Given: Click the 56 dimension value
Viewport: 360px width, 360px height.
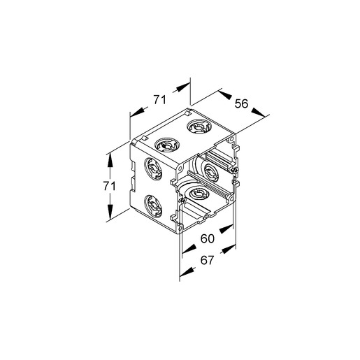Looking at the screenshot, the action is tap(241, 103).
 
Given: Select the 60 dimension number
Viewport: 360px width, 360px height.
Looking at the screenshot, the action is tap(207, 238).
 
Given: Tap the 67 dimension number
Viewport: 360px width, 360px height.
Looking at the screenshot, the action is tap(207, 260).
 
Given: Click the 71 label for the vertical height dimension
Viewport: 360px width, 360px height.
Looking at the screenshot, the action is tap(110, 186).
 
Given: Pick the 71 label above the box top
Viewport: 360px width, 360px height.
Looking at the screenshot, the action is tap(159, 99).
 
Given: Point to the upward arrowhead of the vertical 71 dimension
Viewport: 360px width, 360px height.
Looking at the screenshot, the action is tap(110, 160).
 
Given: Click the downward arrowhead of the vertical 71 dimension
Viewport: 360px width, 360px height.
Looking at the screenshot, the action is tap(110, 212).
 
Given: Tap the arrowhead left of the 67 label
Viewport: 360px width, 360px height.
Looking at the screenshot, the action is tap(187, 272).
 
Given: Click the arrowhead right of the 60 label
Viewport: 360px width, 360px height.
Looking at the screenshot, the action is tap(226, 229).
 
